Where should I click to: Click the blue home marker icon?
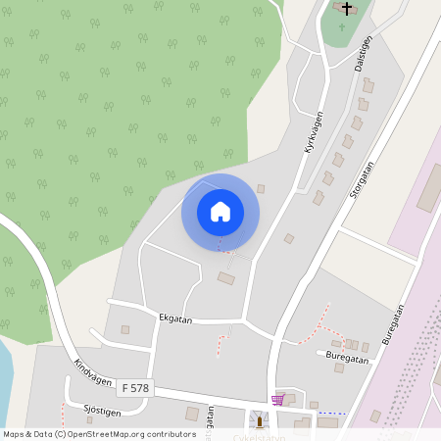(220, 212)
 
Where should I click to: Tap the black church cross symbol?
(346, 8)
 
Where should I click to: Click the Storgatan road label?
(362, 180)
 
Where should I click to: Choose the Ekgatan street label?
(175, 318)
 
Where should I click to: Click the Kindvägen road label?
(92, 375)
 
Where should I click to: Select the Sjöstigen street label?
(103, 413)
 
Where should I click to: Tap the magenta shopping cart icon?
(277, 400)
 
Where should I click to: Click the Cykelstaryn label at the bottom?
(259, 436)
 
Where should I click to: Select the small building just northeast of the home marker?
(261, 188)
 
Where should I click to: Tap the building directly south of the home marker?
(226, 279)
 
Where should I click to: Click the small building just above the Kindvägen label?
(124, 330)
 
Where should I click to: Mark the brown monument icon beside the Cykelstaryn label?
(260, 421)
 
